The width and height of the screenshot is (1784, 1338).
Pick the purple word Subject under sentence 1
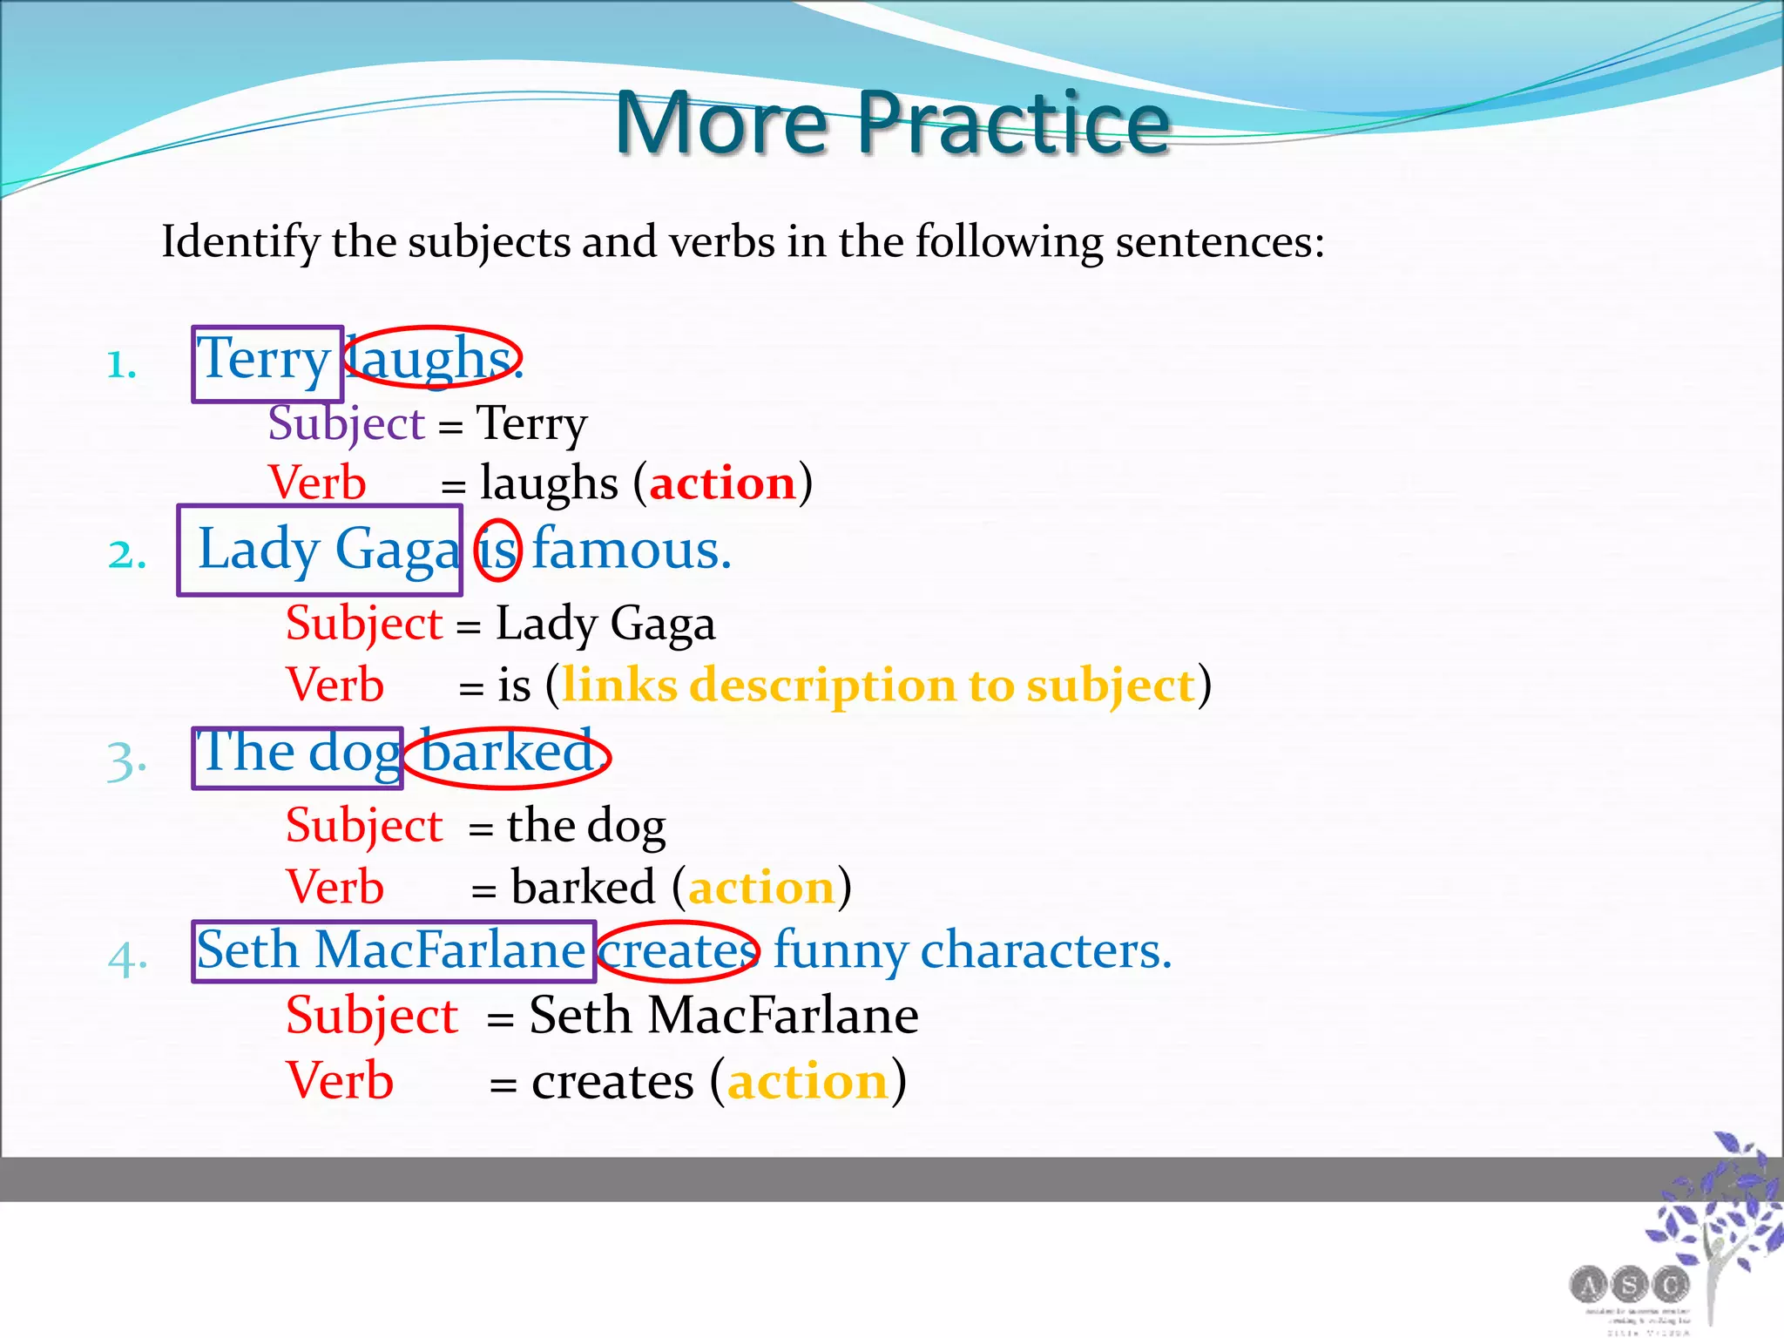point(346,424)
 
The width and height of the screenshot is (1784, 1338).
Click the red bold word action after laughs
point(722,483)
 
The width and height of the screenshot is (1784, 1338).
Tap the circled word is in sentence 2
point(498,551)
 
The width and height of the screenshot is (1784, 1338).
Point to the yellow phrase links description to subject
point(878,686)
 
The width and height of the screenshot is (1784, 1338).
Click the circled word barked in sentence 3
point(508,754)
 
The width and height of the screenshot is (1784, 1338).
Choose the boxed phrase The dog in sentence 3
point(297,754)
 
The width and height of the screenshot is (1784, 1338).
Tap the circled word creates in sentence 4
point(677,951)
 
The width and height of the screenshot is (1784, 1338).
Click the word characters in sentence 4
point(1045,951)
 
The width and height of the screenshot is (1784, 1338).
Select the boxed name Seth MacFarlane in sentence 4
point(392,951)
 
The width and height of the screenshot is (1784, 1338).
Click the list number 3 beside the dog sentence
point(126,760)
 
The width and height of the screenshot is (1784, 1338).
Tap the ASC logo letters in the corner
point(1629,1284)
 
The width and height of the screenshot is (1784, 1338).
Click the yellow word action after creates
point(808,1083)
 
